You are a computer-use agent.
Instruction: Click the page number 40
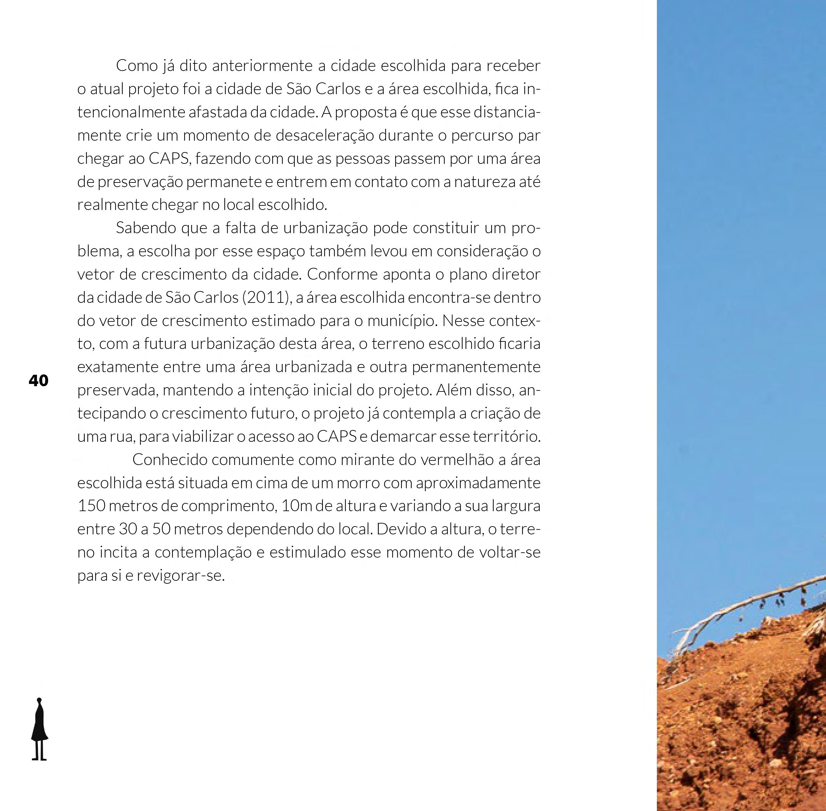click(x=38, y=380)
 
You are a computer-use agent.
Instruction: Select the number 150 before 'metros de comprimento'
click(x=91, y=506)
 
